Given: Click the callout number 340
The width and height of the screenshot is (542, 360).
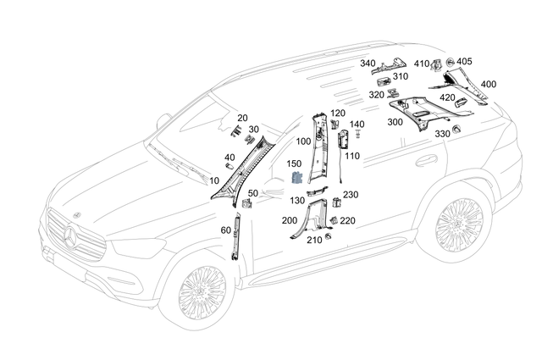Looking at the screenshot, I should [x=368, y=63].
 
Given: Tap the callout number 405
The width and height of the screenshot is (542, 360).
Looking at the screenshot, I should [x=465, y=62].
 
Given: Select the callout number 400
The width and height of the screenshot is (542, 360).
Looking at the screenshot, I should [x=489, y=85].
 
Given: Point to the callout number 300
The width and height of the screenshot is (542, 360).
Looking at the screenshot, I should [x=395, y=123].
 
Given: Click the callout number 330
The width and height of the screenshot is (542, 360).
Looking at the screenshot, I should [x=442, y=134].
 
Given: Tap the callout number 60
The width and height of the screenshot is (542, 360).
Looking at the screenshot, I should [x=225, y=230].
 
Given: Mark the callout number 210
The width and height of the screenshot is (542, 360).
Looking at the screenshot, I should [x=314, y=240].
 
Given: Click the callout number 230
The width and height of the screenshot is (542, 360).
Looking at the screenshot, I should [x=351, y=195].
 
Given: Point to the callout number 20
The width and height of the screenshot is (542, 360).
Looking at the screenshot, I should [x=242, y=118].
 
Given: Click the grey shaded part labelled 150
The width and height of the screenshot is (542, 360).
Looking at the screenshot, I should [x=298, y=178].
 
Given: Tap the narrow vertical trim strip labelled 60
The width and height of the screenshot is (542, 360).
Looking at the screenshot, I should [x=236, y=236].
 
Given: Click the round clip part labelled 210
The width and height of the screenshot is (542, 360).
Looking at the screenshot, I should [x=329, y=235].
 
